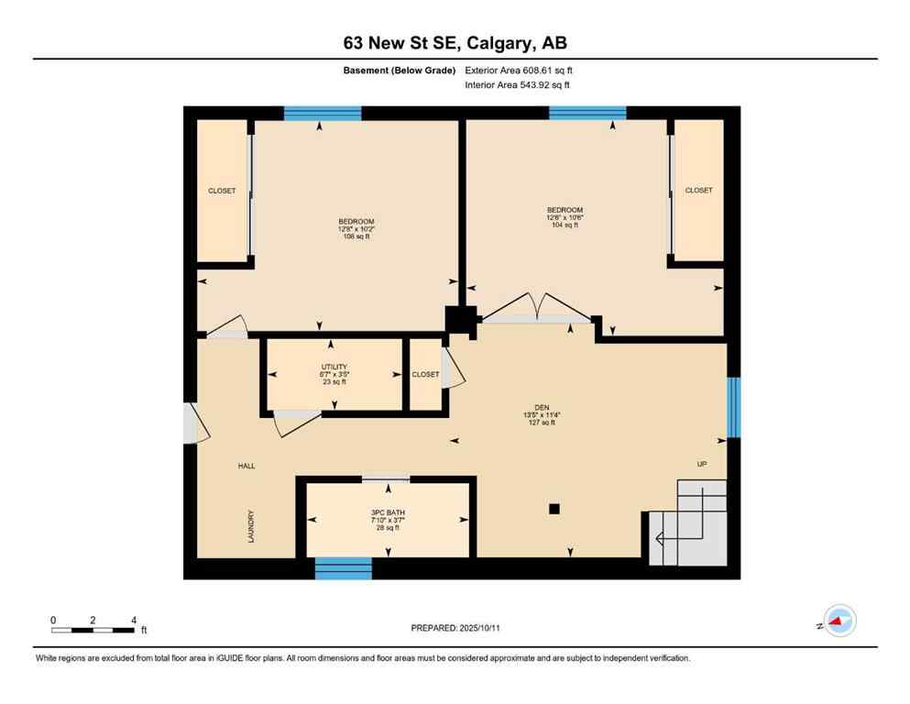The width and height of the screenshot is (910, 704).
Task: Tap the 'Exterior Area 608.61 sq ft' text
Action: pos(519,70)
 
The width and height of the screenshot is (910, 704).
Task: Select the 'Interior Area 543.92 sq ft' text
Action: pos(517,85)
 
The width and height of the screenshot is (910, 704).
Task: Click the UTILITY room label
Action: pos(333,368)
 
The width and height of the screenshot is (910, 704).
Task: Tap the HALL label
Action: pos(247,467)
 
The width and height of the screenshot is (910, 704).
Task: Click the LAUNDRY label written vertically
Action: pos(249,526)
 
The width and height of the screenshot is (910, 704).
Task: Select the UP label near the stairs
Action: pos(702,465)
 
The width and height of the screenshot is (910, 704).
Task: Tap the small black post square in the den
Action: pos(554,509)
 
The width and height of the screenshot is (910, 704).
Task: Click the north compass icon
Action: pos(839,621)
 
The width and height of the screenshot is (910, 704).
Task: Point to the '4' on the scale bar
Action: pos(134,621)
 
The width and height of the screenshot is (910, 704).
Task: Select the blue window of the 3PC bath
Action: pos(344,567)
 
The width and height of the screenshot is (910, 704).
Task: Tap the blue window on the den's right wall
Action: pos(732,407)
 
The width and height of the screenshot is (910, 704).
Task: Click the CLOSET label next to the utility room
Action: pos(425,374)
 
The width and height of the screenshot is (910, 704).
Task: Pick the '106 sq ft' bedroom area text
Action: pos(356,236)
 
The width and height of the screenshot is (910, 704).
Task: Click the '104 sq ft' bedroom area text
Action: pos(565,225)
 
